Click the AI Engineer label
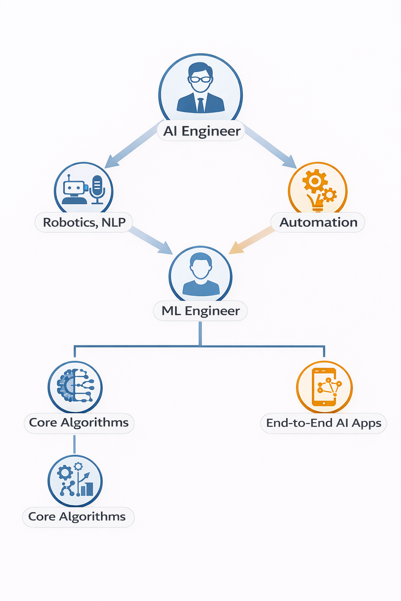[x=201, y=131]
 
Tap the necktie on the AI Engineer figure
[x=200, y=105]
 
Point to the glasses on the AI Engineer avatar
[x=200, y=79]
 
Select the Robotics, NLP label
[x=84, y=222]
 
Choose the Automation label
[x=318, y=222]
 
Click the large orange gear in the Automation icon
[x=314, y=180]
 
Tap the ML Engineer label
[x=200, y=311]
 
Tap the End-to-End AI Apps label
[x=323, y=423]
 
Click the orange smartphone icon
[x=324, y=387]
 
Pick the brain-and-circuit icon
[x=75, y=387]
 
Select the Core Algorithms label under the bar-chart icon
[x=77, y=517]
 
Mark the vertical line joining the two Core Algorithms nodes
[x=74, y=444]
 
